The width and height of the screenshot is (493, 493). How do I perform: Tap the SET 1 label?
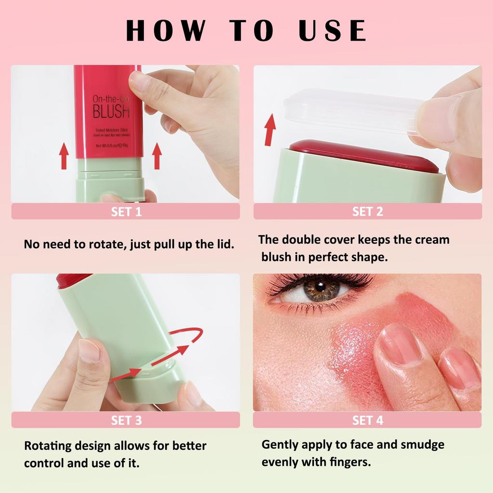tap(126, 212)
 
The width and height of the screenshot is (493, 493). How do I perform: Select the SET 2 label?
tap(367, 212)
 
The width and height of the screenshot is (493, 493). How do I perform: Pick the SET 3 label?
tap(126, 420)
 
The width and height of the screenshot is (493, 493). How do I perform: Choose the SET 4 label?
tap(367, 420)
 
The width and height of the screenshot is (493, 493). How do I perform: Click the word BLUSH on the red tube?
tap(111, 112)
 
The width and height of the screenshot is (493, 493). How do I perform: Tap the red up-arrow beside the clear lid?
tap(270, 129)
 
